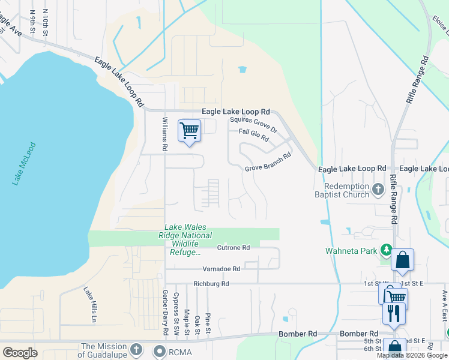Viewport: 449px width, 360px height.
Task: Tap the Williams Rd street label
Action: (164, 134)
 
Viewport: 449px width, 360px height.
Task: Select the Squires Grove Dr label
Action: (254, 125)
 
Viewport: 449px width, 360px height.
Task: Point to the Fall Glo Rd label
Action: (253, 135)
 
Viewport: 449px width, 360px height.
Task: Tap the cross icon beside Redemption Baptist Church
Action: (378, 190)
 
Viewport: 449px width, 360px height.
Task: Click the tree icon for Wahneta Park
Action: (388, 250)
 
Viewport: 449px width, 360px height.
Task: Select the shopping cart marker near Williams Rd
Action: (189, 130)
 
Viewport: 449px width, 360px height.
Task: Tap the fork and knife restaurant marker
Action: (394, 313)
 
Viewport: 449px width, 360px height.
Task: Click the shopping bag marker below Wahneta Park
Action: (402, 260)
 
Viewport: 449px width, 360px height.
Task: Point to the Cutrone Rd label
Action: (234, 248)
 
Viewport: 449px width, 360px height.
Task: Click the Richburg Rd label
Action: (211, 284)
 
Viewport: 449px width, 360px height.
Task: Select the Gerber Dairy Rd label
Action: (164, 313)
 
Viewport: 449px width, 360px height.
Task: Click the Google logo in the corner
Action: (20, 353)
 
